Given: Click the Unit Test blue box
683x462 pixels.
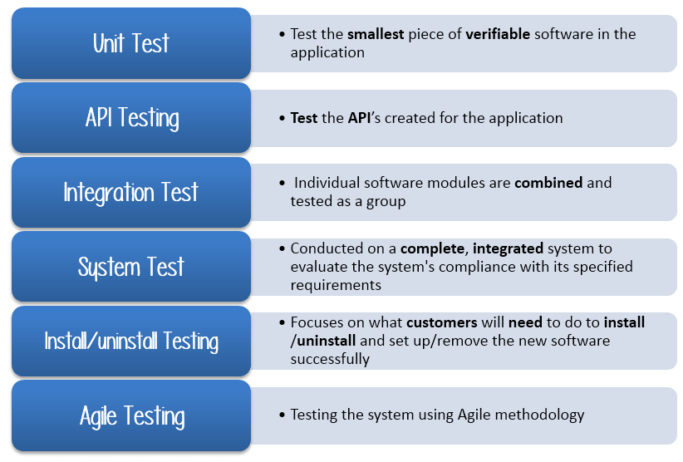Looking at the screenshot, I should pyautogui.click(x=131, y=43).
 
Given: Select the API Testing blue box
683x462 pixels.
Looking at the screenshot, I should pyautogui.click(x=131, y=117).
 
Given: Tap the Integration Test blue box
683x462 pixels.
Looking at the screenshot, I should pyautogui.click(x=131, y=192).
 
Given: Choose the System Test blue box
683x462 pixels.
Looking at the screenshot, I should pyautogui.click(x=131, y=267).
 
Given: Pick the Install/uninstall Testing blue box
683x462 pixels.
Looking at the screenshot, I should pyautogui.click(x=131, y=341).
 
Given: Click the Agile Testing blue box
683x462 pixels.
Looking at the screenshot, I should pyautogui.click(x=131, y=415).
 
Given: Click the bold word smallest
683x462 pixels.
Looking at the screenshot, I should pyautogui.click(x=376, y=34).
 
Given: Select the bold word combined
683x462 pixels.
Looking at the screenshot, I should pyautogui.click(x=548, y=183).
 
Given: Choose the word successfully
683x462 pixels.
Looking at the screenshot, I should pyautogui.click(x=330, y=359).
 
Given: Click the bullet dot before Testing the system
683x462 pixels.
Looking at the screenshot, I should pyautogui.click(x=282, y=415).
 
